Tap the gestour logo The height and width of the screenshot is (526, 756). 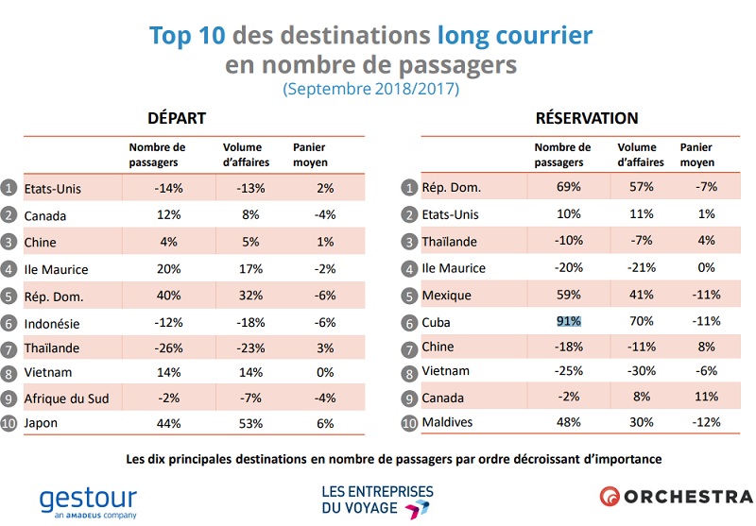[x=88, y=501]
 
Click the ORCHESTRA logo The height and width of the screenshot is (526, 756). [x=676, y=496]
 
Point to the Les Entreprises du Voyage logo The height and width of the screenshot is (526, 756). [x=377, y=501]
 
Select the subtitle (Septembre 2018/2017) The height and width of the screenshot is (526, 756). [x=370, y=90]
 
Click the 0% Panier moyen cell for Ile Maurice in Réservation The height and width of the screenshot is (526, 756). [x=699, y=267]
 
